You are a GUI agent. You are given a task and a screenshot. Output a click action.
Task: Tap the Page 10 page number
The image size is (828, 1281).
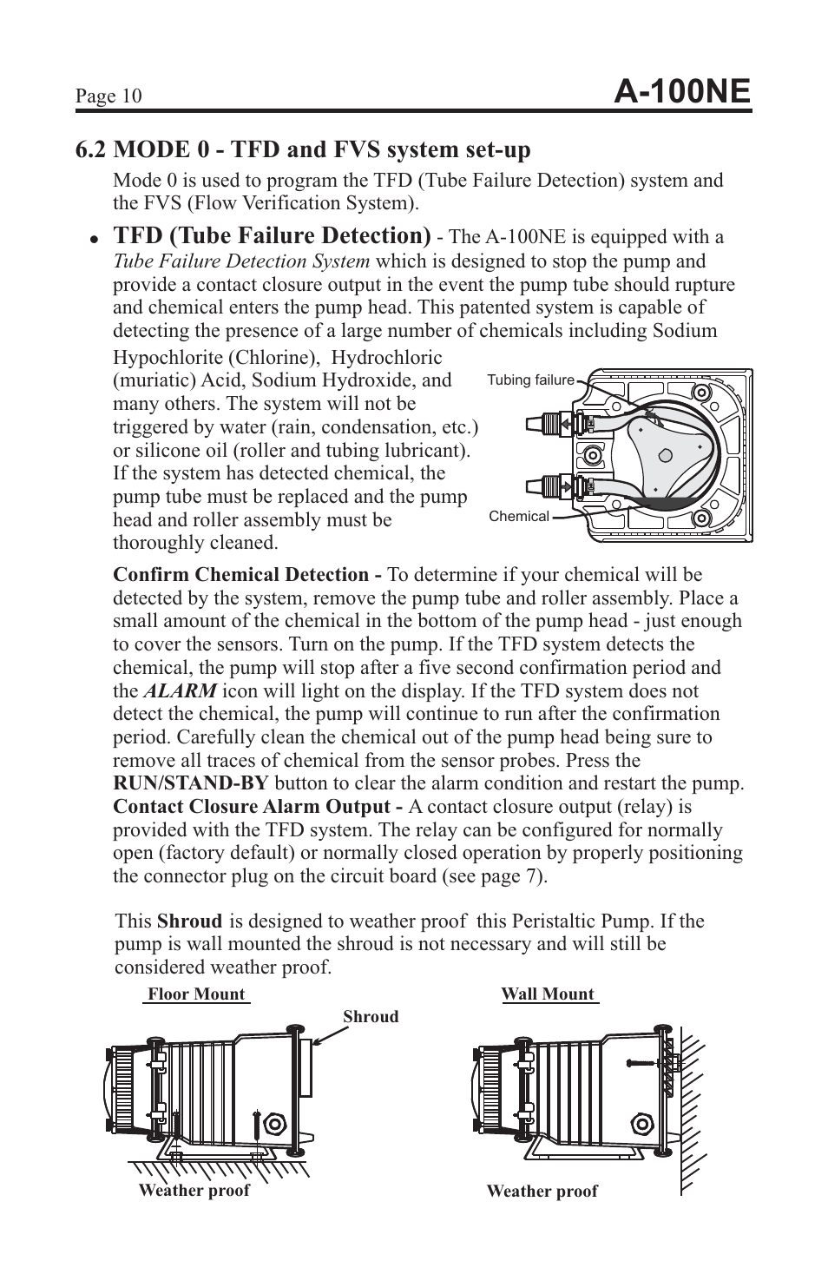(x=108, y=96)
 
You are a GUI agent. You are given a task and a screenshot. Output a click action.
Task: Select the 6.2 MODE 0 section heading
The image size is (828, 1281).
(x=303, y=150)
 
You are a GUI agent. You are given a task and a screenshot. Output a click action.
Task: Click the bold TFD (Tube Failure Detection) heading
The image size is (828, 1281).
(x=272, y=235)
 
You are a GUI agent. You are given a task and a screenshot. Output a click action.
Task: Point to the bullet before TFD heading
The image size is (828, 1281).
(x=92, y=239)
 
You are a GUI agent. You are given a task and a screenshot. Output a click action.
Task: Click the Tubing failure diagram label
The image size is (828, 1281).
(x=530, y=380)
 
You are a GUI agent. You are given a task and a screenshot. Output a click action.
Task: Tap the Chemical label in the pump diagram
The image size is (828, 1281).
(x=519, y=516)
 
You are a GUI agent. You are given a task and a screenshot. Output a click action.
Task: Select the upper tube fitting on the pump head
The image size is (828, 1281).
(x=548, y=423)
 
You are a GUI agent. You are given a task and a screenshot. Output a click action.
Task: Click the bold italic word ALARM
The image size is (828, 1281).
(x=180, y=691)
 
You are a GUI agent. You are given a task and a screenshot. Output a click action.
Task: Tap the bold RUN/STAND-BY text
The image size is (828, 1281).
(x=190, y=783)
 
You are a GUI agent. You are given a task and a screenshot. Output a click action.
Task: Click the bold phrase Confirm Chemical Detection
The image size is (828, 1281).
(x=247, y=575)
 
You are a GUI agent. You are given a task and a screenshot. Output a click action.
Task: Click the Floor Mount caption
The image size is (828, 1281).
(x=196, y=994)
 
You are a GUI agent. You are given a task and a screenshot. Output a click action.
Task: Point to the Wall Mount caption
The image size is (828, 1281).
(x=548, y=994)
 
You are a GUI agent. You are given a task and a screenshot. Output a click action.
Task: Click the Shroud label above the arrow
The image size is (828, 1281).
(x=371, y=1016)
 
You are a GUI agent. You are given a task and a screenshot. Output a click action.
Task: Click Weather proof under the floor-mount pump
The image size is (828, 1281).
(x=194, y=1190)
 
